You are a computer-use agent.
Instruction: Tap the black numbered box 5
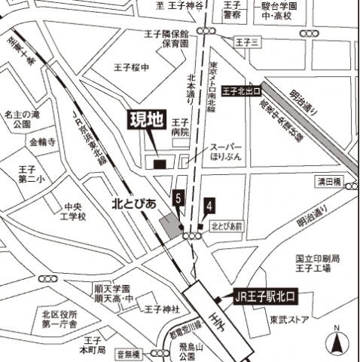178,199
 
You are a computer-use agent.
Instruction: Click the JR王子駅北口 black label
260,296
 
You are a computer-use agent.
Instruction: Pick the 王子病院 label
179,127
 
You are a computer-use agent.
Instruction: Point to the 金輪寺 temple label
42,142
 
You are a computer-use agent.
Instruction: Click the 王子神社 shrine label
161,309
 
